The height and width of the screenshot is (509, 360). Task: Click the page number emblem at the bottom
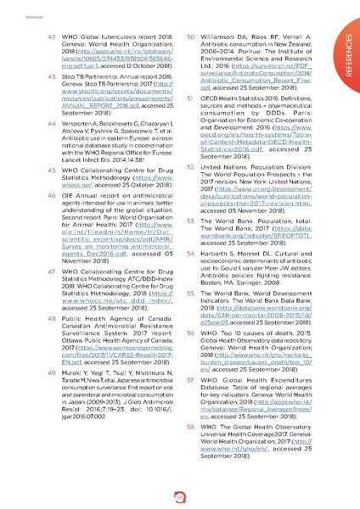(179, 495)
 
